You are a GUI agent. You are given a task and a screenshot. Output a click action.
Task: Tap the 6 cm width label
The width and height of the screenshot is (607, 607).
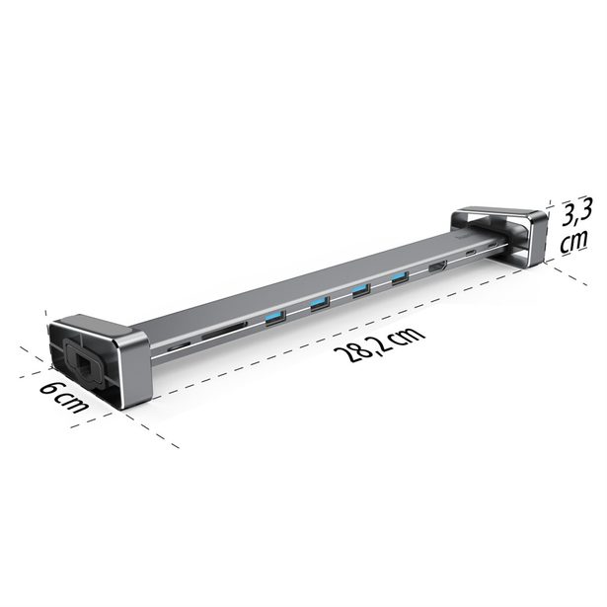pyautogui.click(x=65, y=396)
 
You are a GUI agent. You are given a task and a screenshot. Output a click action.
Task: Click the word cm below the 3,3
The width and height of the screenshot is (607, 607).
pyautogui.click(x=575, y=242)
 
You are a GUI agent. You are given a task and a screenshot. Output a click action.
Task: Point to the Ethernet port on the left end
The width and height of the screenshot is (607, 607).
pyautogui.click(x=81, y=361)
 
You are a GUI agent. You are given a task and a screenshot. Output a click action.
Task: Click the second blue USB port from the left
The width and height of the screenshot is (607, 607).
pyautogui.click(x=321, y=303)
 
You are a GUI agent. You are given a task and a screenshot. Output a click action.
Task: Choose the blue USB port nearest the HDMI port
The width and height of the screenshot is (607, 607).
pyautogui.click(x=399, y=279)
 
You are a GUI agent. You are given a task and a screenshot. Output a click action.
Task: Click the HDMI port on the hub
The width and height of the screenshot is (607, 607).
pyautogui.click(x=438, y=267)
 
